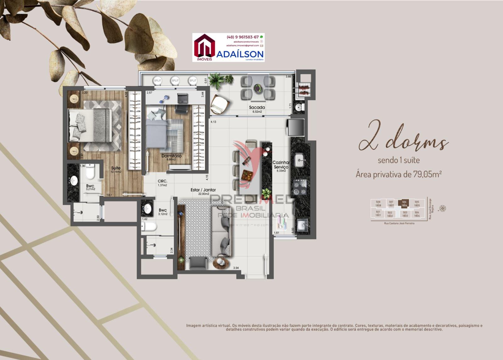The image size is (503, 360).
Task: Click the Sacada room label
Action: pos(257,108)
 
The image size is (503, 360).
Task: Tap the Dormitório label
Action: pos(171,156)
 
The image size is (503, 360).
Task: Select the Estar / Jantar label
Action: pos(203,190)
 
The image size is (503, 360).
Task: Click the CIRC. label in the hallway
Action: pos(162,181)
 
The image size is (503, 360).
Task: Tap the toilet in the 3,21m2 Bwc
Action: pos(90,171)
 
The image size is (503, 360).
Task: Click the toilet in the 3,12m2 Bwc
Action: pos(149,226)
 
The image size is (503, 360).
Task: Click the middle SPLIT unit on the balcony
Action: pos(175,81)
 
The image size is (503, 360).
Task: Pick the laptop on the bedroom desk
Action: pos(182,98)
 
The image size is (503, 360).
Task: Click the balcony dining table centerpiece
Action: pos(257,88)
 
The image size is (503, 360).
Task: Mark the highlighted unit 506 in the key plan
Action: pos(404,203)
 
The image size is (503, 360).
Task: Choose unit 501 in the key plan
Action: pos(378,213)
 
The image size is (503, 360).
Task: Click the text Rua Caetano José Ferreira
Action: pos(399,224)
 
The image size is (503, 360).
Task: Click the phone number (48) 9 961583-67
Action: pos(242,37)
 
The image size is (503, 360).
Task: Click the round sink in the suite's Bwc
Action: pos(74,180)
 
